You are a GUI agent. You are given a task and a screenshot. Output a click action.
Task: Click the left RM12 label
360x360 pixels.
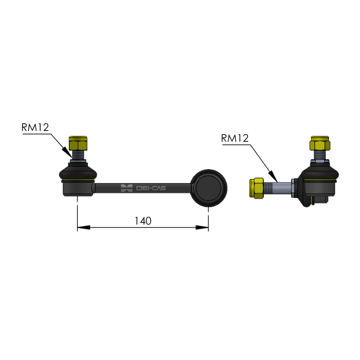click(35, 127)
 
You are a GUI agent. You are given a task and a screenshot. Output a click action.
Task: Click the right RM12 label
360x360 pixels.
click(235, 138)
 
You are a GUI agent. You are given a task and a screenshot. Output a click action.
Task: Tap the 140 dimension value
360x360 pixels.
click(143, 221)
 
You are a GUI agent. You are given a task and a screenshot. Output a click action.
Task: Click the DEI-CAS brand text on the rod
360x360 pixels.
click(151, 188)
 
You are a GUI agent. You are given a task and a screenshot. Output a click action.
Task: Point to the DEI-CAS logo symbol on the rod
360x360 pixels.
click(127, 188)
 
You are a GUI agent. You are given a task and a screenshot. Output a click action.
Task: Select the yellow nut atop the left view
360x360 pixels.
click(78, 143)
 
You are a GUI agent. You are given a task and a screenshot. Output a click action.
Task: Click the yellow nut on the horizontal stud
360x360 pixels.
click(256, 188)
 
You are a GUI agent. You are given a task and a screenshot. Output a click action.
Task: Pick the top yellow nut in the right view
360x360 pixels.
click(320, 143)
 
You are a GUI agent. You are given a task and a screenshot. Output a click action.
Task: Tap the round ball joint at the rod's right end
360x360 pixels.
click(209, 188)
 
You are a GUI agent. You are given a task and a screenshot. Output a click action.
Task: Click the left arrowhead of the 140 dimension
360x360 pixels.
click(84, 228)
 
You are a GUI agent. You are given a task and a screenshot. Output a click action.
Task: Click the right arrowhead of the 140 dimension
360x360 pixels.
click(202, 228)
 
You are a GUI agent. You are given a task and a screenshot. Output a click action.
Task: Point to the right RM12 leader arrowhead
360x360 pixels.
click(273, 176)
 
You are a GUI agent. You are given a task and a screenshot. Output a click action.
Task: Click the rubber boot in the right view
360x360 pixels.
click(320, 173)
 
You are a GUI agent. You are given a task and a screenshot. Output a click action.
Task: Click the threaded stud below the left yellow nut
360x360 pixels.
click(78, 155)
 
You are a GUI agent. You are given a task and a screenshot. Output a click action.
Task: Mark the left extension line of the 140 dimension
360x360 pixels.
click(77, 213)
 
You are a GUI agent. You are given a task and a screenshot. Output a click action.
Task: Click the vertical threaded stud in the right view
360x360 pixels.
click(320, 155)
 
